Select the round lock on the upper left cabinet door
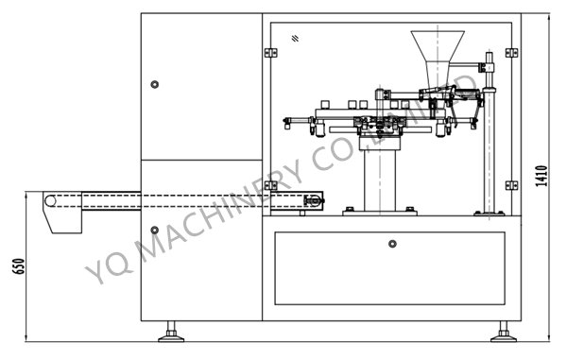click(x=154, y=84)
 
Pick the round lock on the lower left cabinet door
click(x=154, y=230)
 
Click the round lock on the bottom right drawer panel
click(x=392, y=244)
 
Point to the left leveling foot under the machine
click(x=173, y=331)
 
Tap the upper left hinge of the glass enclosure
click(x=271, y=52)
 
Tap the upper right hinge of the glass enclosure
click(x=511, y=52)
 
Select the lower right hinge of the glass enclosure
click(x=511, y=185)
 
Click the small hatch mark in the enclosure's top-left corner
click(x=296, y=38)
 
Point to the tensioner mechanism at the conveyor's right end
click(x=314, y=199)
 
